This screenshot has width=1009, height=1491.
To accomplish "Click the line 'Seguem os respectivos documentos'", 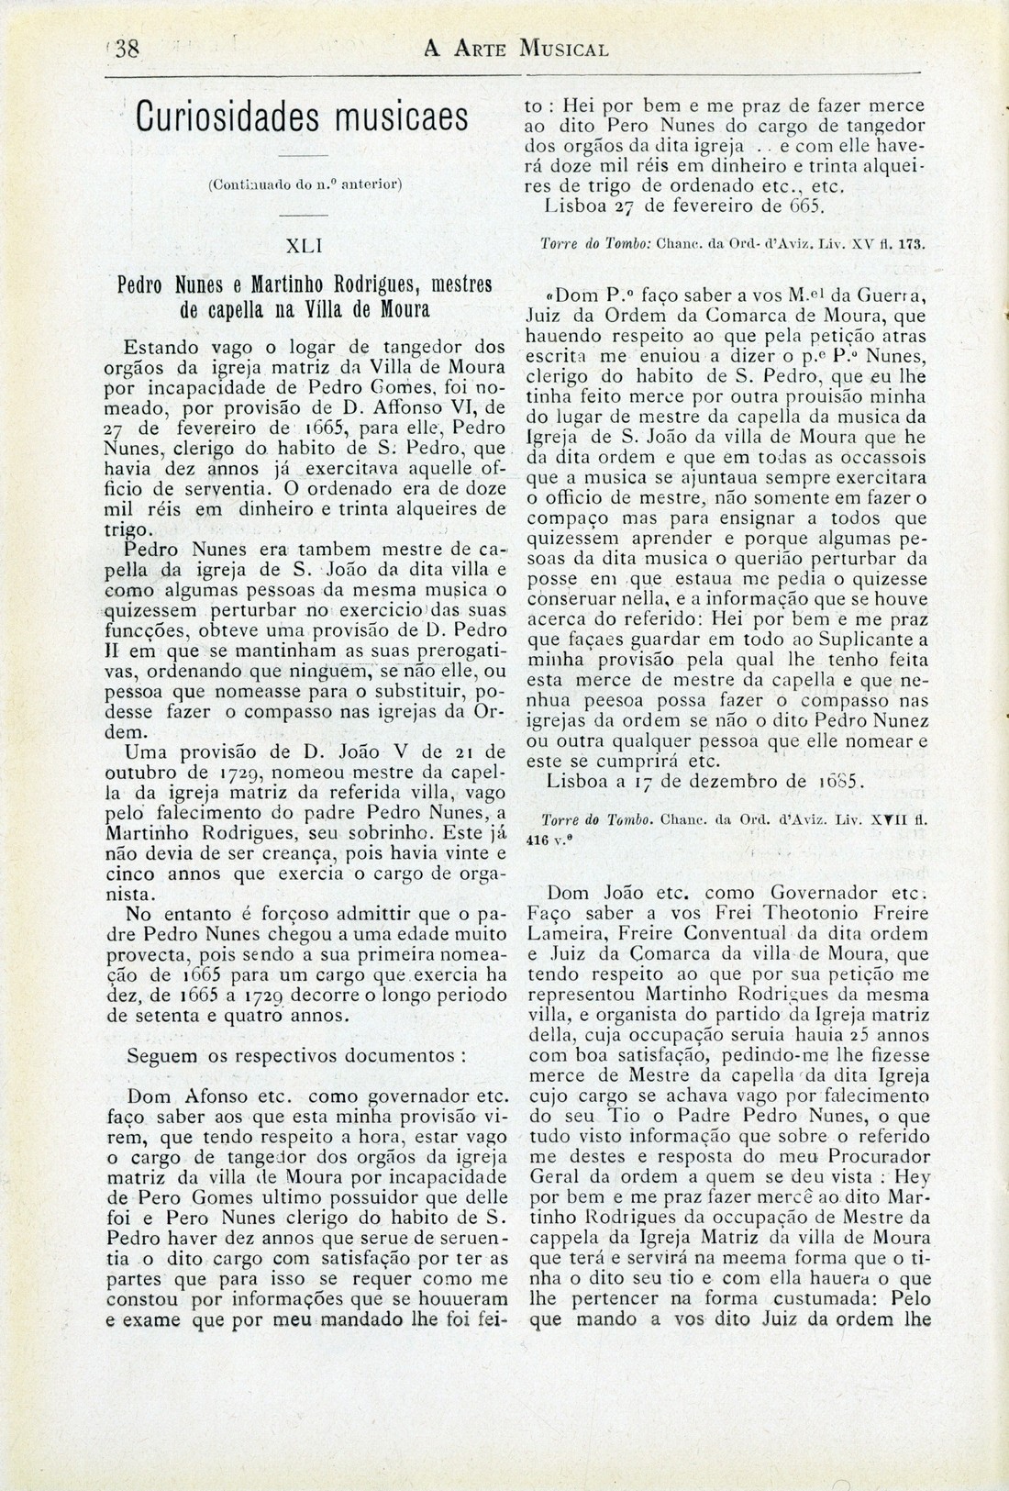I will [x=296, y=1054].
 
